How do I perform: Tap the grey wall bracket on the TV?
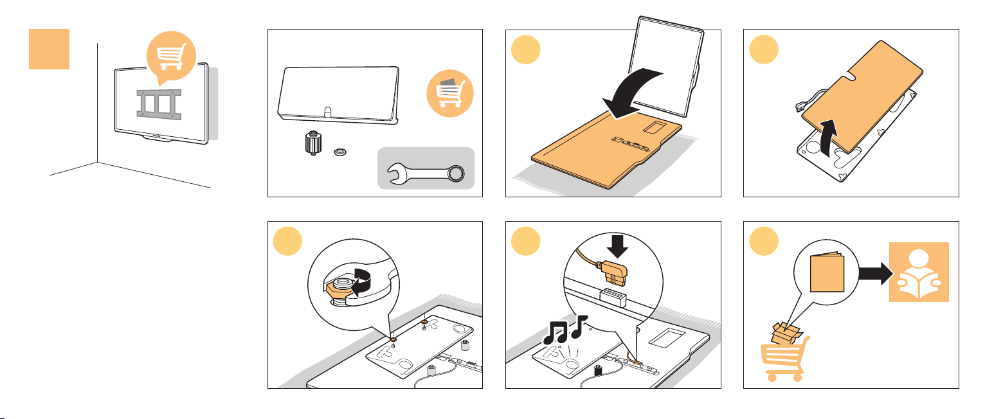[x=157, y=103]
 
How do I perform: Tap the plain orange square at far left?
[x=49, y=49]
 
